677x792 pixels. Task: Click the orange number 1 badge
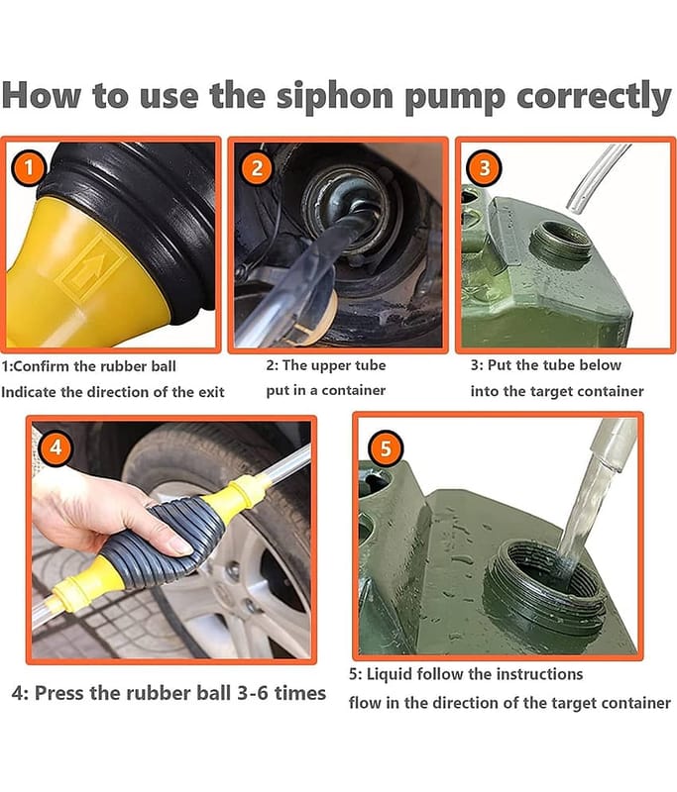[x=29, y=167]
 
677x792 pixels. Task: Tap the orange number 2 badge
[x=257, y=167]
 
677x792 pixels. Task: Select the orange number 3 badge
[x=485, y=167]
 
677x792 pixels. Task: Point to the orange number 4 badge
[x=56, y=447]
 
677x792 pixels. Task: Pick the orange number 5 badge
[x=386, y=447]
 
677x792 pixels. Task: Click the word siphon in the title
[x=335, y=97]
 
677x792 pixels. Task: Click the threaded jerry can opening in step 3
[x=561, y=242]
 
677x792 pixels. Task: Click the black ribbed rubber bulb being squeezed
[x=163, y=542]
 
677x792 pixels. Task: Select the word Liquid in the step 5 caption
[x=390, y=675]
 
